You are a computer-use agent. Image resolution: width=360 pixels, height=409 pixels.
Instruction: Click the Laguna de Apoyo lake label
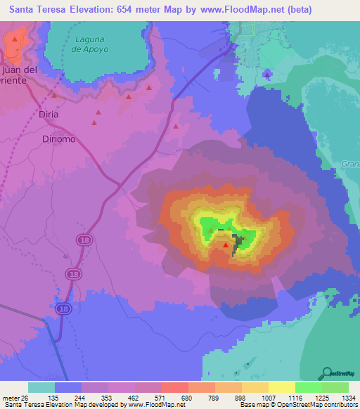click(x=89, y=45)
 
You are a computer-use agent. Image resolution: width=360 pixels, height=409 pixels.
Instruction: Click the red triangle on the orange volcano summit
click(x=226, y=245)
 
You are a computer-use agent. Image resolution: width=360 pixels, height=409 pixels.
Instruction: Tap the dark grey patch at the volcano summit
click(x=240, y=242)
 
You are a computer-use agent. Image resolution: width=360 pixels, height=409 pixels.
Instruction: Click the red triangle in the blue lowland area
click(x=268, y=73)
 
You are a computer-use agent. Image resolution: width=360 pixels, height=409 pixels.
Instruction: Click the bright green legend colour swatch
click(x=308, y=387)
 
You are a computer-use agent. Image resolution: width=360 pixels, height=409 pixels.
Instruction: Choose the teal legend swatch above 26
click(x=41, y=387)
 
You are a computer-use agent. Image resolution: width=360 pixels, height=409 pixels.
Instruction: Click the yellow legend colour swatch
click(x=281, y=387)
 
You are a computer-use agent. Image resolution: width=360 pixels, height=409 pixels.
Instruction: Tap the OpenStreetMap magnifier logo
click(x=327, y=372)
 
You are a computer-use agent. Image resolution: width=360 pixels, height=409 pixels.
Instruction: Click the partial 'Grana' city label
click(x=349, y=164)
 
